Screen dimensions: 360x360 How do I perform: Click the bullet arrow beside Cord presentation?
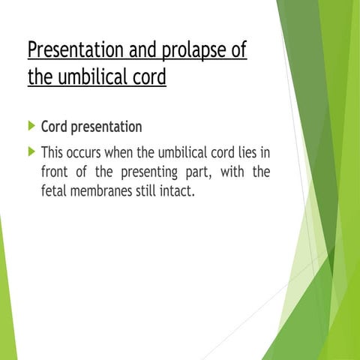[31, 126]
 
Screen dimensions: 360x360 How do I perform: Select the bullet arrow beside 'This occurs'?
[31, 151]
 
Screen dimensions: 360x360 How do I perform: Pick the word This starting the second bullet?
[55, 152]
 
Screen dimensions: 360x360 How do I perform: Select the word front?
[58, 172]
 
